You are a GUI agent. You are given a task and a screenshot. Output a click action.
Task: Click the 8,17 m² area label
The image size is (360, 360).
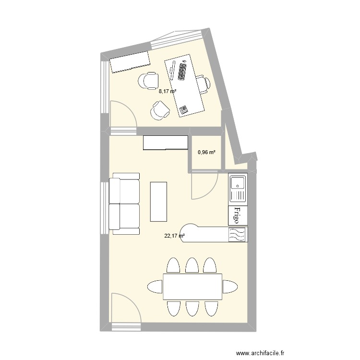168,91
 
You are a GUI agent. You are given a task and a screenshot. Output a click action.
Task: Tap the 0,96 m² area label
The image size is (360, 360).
206,153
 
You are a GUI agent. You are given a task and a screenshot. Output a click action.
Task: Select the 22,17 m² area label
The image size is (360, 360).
175,235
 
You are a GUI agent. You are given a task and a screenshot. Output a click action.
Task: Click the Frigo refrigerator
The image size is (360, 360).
238,216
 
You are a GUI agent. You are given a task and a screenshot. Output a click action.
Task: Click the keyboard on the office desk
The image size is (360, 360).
182,72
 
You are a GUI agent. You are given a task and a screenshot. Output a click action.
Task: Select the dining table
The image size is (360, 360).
192,287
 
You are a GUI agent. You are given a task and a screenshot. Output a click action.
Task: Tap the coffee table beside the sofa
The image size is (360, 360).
159,201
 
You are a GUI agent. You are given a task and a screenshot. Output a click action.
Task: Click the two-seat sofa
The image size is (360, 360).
124,204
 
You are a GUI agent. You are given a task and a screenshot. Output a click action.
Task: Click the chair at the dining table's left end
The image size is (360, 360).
154,287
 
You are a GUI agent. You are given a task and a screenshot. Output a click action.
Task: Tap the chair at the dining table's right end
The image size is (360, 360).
230,287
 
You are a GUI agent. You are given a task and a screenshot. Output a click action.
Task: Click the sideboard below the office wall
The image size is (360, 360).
166,143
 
